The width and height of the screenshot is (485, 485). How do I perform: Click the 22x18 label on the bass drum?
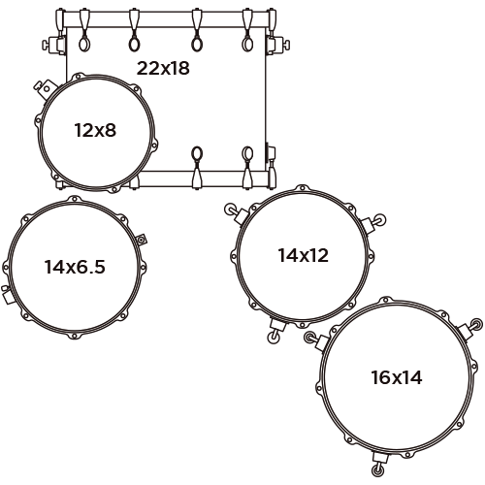tap(163, 68)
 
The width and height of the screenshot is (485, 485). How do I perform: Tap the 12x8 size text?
tap(95, 130)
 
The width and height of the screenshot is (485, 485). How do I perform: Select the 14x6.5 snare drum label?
tap(75, 267)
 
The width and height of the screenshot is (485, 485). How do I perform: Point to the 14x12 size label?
tap(304, 255)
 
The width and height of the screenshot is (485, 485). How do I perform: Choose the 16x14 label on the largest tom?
tap(397, 377)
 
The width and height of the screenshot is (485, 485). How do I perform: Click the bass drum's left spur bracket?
tap(53, 45)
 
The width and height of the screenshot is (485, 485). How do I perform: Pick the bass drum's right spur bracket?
tap(277, 45)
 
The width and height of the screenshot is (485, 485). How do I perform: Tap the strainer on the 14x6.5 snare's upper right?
tap(142, 240)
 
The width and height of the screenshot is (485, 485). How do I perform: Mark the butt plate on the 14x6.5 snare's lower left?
tap(6, 294)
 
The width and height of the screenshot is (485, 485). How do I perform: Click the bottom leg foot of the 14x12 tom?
tap(274, 338)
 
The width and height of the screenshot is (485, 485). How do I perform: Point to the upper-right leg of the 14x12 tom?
tap(373, 223)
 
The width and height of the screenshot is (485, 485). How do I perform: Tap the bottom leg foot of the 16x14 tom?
tap(376, 469)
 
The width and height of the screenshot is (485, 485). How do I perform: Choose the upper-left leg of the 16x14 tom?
tap(317, 340)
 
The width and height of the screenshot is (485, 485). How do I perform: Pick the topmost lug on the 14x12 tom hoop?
tap(302, 188)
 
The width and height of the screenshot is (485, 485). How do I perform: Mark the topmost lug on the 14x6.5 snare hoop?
tap(75, 199)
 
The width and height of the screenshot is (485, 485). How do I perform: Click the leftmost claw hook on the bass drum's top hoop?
tap(84, 30)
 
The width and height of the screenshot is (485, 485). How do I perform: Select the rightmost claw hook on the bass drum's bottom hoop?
tap(247, 168)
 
